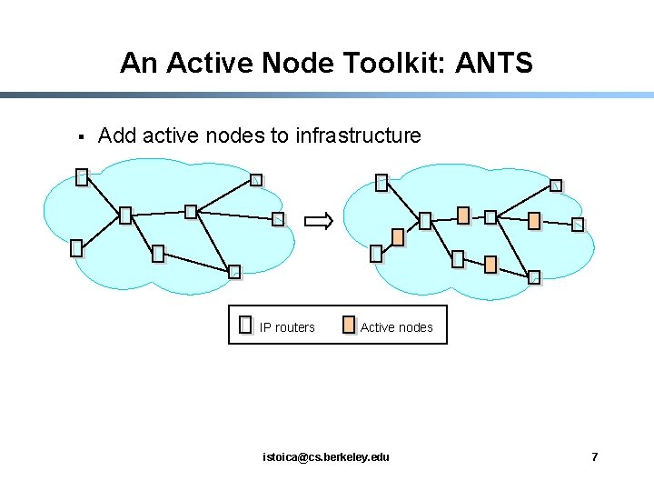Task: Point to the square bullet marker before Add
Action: coord(81,137)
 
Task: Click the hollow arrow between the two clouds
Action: coord(319,220)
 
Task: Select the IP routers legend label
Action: coord(287,327)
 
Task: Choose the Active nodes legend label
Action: coord(397,327)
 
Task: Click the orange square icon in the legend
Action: coord(349,326)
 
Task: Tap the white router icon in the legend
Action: coord(245,326)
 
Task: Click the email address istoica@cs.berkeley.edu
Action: coord(325,456)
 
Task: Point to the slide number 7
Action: coord(595,456)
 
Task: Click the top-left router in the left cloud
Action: coord(82,177)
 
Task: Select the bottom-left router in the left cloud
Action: coord(76,247)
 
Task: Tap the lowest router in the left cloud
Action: coord(234,271)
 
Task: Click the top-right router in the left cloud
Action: coord(256,180)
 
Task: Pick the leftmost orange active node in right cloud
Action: coord(398,237)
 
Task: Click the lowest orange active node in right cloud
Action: coord(490,265)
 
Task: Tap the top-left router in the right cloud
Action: coord(382,183)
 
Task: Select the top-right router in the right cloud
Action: coord(556,186)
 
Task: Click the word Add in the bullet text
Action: coord(115,135)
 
